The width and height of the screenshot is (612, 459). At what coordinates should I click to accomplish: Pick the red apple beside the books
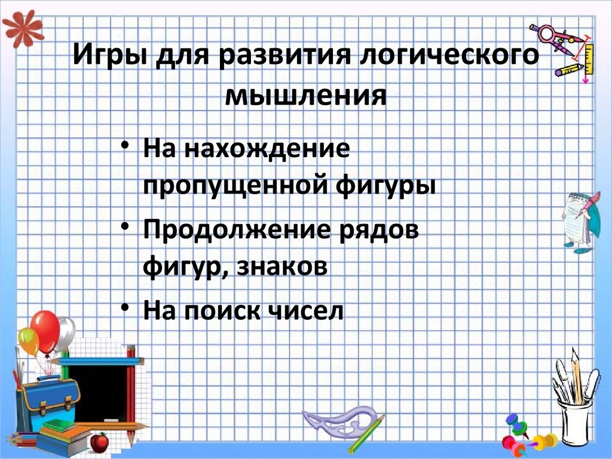pos(99,442)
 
